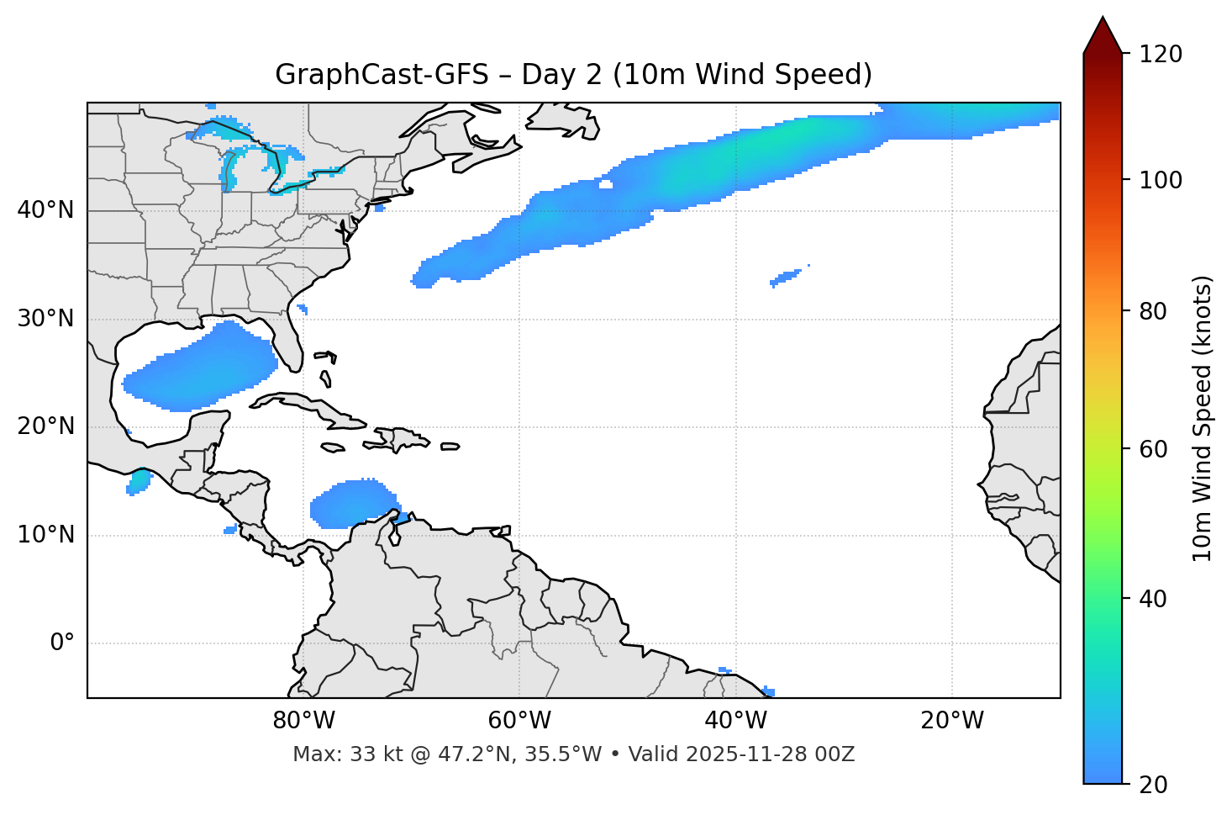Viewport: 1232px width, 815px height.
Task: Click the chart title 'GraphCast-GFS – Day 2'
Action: (x=573, y=75)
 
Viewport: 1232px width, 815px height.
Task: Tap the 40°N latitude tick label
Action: (x=45, y=210)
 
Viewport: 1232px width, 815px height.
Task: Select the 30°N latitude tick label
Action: (x=45, y=319)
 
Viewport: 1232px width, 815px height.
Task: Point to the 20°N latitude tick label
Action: (x=45, y=426)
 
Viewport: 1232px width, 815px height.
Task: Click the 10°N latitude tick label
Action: (x=45, y=535)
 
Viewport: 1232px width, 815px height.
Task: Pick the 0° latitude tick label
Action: (x=62, y=643)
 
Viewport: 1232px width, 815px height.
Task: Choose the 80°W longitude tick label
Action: (x=303, y=721)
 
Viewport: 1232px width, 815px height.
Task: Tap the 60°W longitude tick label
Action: (x=519, y=721)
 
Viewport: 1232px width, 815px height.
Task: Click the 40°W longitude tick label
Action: (x=735, y=721)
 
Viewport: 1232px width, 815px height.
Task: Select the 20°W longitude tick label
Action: (x=951, y=721)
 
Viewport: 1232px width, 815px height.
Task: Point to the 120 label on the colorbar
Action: (x=1161, y=55)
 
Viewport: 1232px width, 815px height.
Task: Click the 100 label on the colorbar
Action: (x=1161, y=180)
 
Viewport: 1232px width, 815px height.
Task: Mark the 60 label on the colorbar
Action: (x=1155, y=449)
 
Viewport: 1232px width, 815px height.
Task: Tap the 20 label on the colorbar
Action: (x=1155, y=785)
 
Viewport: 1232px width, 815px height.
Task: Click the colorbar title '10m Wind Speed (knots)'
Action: (x=1203, y=419)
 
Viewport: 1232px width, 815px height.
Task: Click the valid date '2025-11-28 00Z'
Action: (x=770, y=754)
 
